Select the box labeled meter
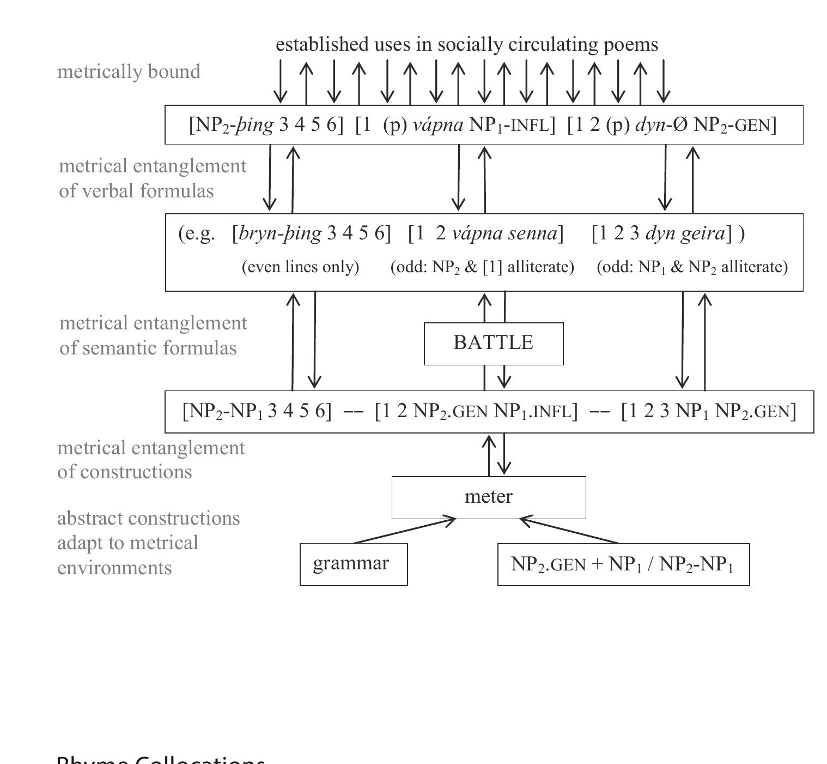pyautogui.click(x=489, y=497)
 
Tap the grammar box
pyautogui.click(x=353, y=564)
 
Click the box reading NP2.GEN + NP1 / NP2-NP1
pyautogui.click(x=623, y=564)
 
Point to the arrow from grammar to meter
pyautogui.click(x=405, y=531)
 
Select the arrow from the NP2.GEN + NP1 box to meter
pyautogui.click(x=569, y=531)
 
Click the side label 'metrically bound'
pyautogui.click(x=129, y=71)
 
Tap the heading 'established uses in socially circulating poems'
pyautogui.click(x=467, y=44)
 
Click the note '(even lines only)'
pyautogui.click(x=300, y=267)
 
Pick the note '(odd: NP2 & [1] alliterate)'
pyautogui.click(x=482, y=267)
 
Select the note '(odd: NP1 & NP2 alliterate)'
pyautogui.click(x=692, y=267)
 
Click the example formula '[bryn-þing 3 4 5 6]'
pyautogui.click(x=311, y=233)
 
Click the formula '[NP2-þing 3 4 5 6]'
pyautogui.click(x=266, y=125)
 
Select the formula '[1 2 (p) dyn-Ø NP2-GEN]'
pyautogui.click(x=672, y=125)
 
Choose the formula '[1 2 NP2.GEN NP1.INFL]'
pyautogui.click(x=476, y=411)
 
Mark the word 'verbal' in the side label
pyautogui.click(x=109, y=191)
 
